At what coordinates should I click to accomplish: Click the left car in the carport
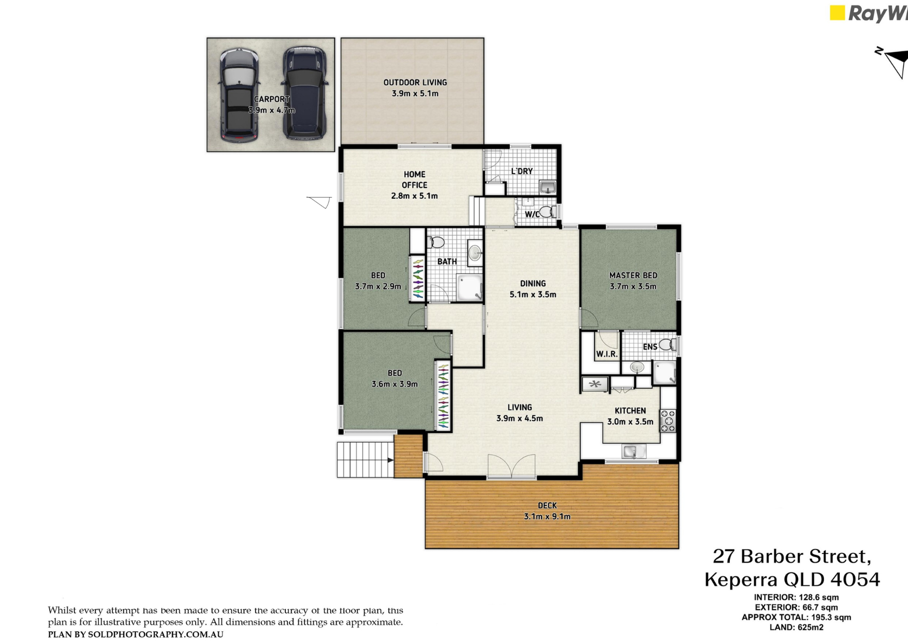coord(239,95)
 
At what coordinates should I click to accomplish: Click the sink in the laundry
coord(548,187)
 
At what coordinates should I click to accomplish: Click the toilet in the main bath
coord(436,242)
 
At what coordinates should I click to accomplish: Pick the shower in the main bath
coord(470,287)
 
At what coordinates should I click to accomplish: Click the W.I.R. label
coord(607,354)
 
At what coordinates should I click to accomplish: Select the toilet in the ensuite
coord(668,344)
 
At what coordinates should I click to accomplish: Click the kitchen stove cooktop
coord(668,420)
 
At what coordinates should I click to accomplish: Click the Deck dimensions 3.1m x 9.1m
coord(547,516)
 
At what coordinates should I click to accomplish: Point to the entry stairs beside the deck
coord(365,460)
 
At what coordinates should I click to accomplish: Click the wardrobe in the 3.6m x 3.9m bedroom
coord(444,396)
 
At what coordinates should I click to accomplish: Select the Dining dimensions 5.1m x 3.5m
coord(533,295)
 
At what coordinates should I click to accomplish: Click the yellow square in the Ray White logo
coord(837,13)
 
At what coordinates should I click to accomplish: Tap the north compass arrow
coord(895,62)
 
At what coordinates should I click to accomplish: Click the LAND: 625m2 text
coord(796,628)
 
